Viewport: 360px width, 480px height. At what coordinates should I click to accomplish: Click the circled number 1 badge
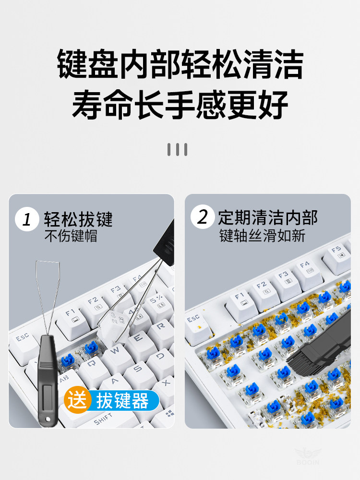click(x=27, y=219)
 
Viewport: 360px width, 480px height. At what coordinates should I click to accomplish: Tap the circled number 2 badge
click(x=203, y=217)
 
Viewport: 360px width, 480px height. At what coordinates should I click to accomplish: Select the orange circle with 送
click(x=77, y=400)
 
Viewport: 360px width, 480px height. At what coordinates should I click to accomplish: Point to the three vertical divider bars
click(x=177, y=149)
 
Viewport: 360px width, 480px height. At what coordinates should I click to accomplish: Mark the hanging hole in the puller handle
click(x=48, y=419)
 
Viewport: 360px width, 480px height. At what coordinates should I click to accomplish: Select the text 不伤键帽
click(x=71, y=236)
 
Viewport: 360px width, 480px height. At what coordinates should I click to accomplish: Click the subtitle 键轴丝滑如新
click(x=262, y=236)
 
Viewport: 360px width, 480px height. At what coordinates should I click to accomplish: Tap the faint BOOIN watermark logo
click(x=308, y=456)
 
